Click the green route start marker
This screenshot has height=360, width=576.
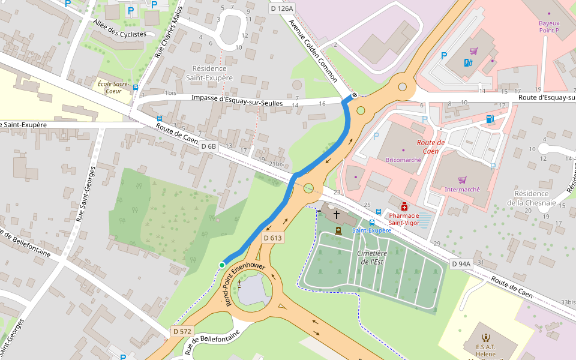[x=222, y=265]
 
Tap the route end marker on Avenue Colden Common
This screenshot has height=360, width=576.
[x=355, y=95]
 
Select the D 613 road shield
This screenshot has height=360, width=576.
[x=272, y=238]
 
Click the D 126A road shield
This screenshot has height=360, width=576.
[x=281, y=8]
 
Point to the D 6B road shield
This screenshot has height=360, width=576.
[x=208, y=146]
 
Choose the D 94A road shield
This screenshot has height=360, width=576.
[x=461, y=264]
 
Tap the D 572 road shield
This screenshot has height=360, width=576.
[x=182, y=331]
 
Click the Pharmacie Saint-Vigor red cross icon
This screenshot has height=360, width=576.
[x=404, y=206]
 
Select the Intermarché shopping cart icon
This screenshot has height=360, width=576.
[x=462, y=180]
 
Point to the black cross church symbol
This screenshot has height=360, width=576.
[x=337, y=214]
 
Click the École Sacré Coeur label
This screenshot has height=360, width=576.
[x=113, y=88]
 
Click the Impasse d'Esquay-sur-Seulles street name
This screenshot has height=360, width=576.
[x=237, y=100]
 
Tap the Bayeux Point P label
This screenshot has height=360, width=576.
[x=548, y=26]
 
